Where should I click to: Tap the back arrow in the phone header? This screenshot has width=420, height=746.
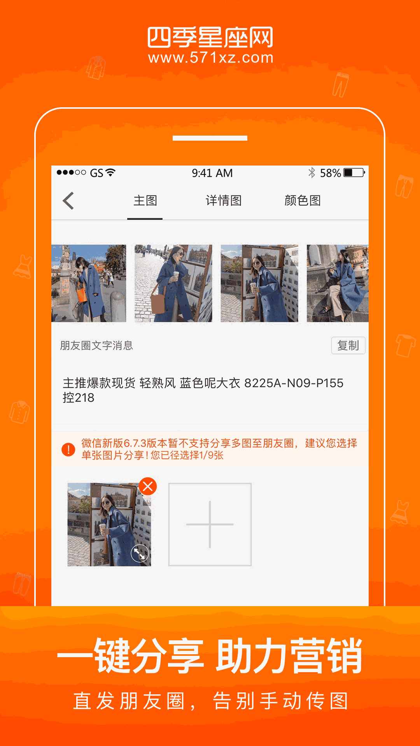pyautogui.click(x=68, y=201)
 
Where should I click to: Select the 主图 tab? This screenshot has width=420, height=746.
pyautogui.click(x=145, y=200)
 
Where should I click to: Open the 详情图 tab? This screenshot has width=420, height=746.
pyautogui.click(x=224, y=200)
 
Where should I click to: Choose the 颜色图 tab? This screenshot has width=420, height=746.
pyautogui.click(x=303, y=200)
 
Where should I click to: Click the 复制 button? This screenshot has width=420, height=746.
pyautogui.click(x=348, y=345)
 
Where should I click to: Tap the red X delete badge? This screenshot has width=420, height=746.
pyautogui.click(x=148, y=486)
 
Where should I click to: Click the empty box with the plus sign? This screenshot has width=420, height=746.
pyautogui.click(x=210, y=525)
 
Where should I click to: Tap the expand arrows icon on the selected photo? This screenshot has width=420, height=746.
pyautogui.click(x=140, y=554)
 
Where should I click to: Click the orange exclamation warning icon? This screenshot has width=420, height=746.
pyautogui.click(x=68, y=450)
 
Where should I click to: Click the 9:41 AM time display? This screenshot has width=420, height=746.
pyautogui.click(x=212, y=173)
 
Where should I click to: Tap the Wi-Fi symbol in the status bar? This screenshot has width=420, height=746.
pyautogui.click(x=111, y=172)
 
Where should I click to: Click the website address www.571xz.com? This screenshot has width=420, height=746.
pyautogui.click(x=210, y=58)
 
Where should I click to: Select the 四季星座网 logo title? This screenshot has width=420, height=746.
pyautogui.click(x=210, y=37)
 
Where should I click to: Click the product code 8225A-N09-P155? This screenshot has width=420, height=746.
pyautogui.click(x=294, y=383)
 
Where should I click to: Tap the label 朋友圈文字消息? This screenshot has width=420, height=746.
pyautogui.click(x=96, y=345)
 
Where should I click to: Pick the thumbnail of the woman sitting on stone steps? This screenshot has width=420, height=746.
pyautogui.click(x=338, y=283)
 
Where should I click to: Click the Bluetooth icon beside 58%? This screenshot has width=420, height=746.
pyautogui.click(x=311, y=173)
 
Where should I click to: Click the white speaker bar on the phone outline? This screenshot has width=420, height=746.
pyautogui.click(x=210, y=138)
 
